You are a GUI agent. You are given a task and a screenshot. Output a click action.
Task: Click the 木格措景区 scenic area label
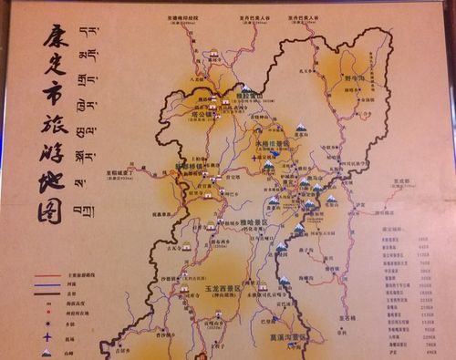(273, 143)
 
